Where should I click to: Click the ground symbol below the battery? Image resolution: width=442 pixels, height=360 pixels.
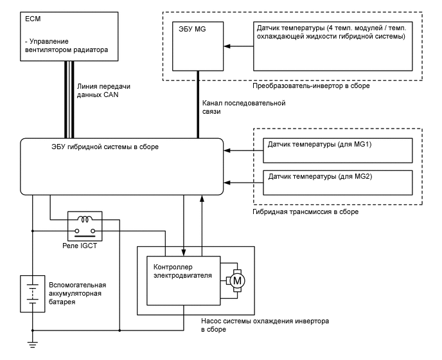click(x=32, y=346)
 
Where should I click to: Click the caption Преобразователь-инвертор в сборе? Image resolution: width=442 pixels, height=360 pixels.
click(x=311, y=85)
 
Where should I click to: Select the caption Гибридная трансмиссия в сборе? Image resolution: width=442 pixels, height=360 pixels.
click(x=306, y=211)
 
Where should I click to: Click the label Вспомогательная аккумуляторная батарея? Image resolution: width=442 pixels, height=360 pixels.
click(x=77, y=292)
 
